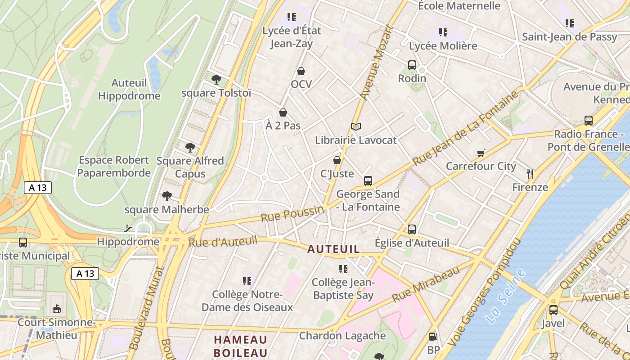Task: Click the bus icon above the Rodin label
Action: (x=412, y=65)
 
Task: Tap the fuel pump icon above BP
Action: (x=433, y=336)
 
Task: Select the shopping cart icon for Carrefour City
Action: (x=481, y=153)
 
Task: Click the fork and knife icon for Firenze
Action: (x=530, y=174)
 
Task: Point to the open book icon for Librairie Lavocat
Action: (x=356, y=126)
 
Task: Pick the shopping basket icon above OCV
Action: (x=301, y=71)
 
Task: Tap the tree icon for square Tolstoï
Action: (x=216, y=80)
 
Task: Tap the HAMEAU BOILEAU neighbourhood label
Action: (x=240, y=346)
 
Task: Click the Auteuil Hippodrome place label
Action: (x=129, y=89)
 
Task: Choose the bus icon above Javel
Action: (x=553, y=310)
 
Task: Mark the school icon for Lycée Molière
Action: (x=443, y=32)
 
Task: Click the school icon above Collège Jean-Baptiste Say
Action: (x=343, y=269)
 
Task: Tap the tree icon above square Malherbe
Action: (x=167, y=196)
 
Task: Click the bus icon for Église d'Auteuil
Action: (x=412, y=229)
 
